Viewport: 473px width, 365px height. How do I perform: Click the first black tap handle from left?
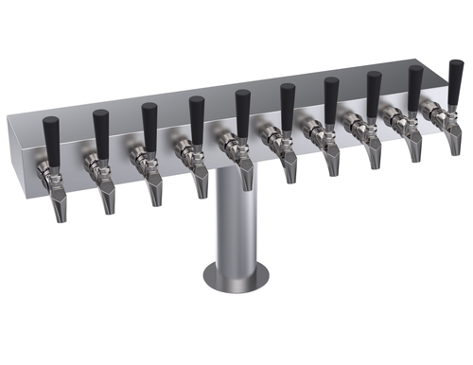tap(51, 135)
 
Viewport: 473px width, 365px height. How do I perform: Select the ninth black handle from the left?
tap(414, 84)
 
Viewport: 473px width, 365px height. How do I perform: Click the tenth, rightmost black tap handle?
tap(455, 78)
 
